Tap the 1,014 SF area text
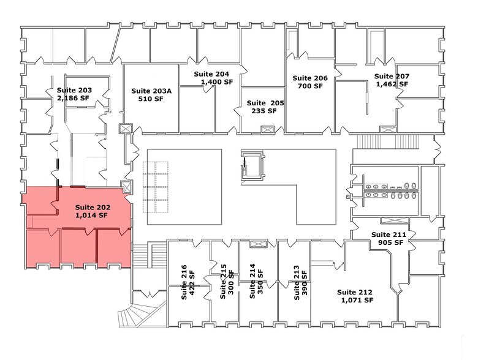[91, 216]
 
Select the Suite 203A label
[151, 89]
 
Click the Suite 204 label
[211, 73]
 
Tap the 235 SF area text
[264, 111]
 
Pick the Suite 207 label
[392, 77]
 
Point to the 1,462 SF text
[392, 84]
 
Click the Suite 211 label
[390, 234]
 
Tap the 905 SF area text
[390, 242]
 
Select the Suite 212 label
[356, 292]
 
